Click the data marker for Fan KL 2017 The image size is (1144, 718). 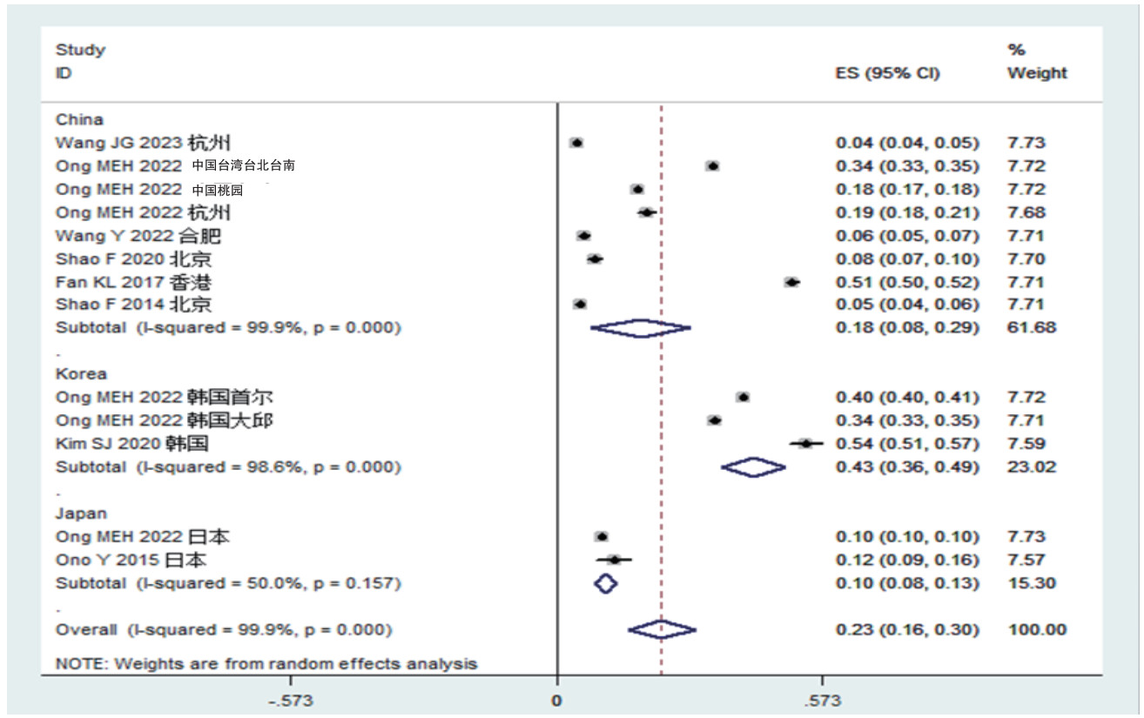coord(791,282)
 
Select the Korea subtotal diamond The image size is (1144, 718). coord(753,467)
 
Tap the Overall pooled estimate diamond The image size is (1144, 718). coord(662,629)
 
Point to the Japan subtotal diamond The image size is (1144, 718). coord(605,583)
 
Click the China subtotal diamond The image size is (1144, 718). coord(640,328)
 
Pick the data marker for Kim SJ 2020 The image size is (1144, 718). coord(806,444)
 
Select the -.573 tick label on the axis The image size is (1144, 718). coord(289,701)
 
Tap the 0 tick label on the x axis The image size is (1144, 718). coord(556,701)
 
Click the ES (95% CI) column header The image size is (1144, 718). coord(887,73)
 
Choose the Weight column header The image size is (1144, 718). coord(1037,73)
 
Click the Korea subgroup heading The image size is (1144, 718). coord(81,374)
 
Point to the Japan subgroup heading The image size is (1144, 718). coord(81,513)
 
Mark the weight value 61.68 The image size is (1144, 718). coord(1032,328)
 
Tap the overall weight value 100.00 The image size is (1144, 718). coord(1037,629)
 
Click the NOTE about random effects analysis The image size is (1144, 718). coord(266,664)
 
